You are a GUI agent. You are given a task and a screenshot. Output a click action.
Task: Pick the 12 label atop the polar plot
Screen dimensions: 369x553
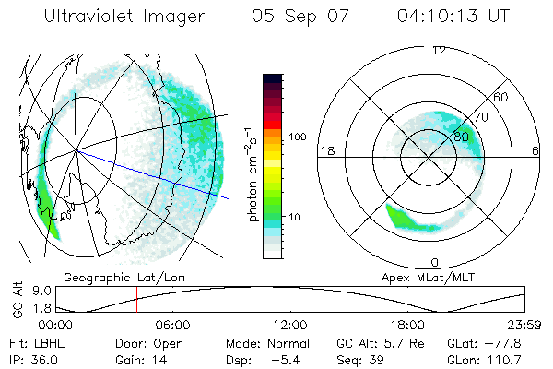coord(439,50)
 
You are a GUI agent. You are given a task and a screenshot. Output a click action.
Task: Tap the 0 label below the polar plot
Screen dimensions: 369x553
coord(435,262)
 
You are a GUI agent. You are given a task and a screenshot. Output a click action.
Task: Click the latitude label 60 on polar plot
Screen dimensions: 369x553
coord(501,97)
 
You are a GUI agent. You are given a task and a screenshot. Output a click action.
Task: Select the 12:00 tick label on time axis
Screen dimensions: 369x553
coord(291,325)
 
